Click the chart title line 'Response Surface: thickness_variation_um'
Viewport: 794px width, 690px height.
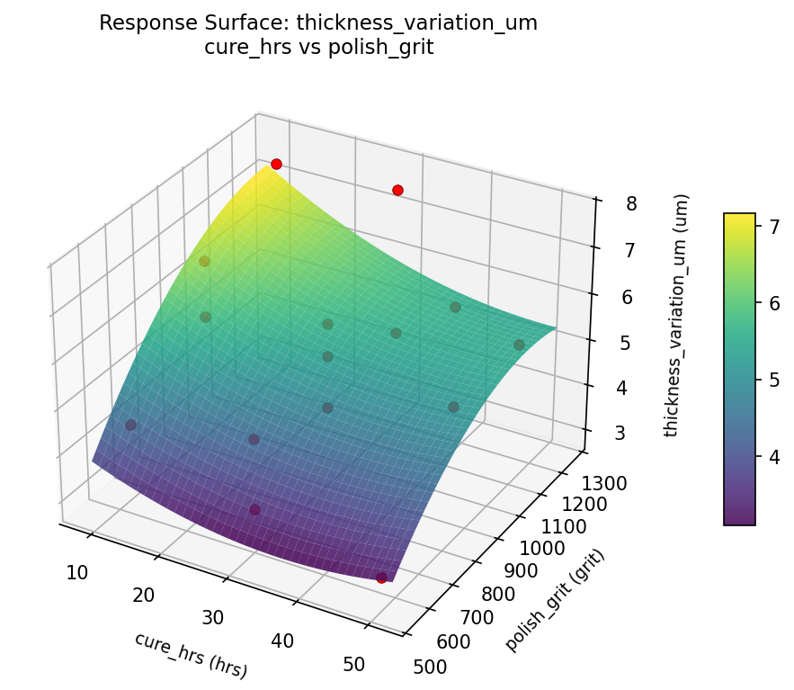tap(318, 23)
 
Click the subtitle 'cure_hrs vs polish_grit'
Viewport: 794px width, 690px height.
tap(318, 48)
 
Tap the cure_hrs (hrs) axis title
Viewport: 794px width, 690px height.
tap(191, 655)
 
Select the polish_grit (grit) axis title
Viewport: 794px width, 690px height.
tap(555, 600)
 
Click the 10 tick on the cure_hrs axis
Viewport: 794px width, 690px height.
tap(77, 572)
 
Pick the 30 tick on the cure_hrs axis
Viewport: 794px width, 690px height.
tap(212, 617)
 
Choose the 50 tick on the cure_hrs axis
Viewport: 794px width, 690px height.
tap(353, 664)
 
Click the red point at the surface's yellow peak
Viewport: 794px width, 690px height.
tap(276, 164)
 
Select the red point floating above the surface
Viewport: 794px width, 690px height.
tap(397, 190)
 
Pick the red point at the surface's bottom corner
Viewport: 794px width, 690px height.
tap(381, 578)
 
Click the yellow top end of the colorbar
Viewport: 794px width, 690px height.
tap(739, 218)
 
